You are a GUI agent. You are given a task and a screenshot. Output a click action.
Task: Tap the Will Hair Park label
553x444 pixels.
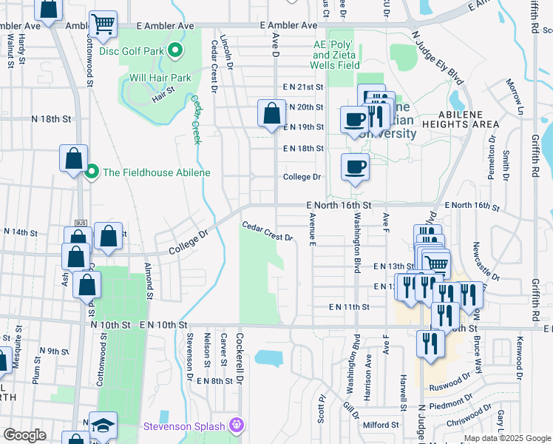coord(160,77)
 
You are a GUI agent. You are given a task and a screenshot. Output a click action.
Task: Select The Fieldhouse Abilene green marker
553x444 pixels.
coord(92,172)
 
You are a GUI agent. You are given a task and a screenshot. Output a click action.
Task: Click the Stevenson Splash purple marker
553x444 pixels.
coord(237,425)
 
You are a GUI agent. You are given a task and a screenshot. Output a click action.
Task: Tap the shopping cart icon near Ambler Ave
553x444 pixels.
coord(103,24)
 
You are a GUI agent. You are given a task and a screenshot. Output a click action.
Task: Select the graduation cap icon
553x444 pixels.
coord(104,425)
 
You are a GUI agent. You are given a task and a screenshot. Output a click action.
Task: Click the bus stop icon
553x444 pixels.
coord(81,223)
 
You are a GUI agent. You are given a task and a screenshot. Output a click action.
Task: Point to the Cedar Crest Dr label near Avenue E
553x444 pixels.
coord(268,232)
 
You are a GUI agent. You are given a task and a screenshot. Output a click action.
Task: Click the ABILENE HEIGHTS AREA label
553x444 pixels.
coord(469,119)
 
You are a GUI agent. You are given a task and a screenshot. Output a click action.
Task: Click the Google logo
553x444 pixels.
coord(25,435)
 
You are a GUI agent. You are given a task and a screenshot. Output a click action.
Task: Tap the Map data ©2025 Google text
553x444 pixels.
coord(506,438)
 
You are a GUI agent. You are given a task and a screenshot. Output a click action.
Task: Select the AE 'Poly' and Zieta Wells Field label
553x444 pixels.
coord(336,55)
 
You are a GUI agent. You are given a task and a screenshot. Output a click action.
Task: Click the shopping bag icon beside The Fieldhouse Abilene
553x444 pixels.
coord(74,158)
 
